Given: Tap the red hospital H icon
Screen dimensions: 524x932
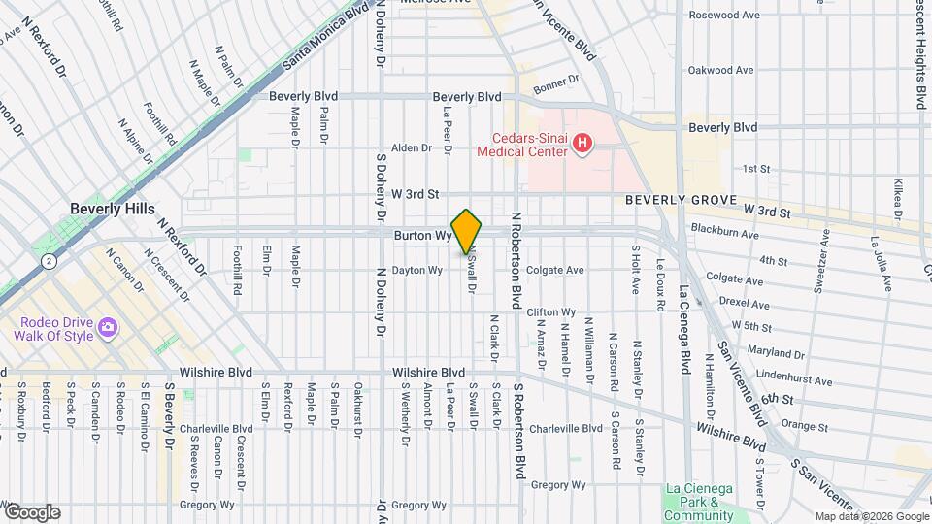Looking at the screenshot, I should [582, 145].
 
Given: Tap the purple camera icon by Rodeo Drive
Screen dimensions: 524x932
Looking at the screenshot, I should [108, 329].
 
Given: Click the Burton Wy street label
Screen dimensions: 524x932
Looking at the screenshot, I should [423, 236].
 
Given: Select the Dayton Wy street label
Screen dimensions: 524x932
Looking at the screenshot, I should [416, 270].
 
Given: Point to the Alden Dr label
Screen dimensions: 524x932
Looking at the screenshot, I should [411, 148].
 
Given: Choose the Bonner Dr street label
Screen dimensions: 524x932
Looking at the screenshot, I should [555, 81].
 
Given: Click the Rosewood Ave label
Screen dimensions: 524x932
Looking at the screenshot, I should [720, 16].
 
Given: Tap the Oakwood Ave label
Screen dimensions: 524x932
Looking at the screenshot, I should [721, 70].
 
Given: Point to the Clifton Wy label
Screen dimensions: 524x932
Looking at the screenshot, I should [550, 312].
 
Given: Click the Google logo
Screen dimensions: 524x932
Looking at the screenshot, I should [32, 512].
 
